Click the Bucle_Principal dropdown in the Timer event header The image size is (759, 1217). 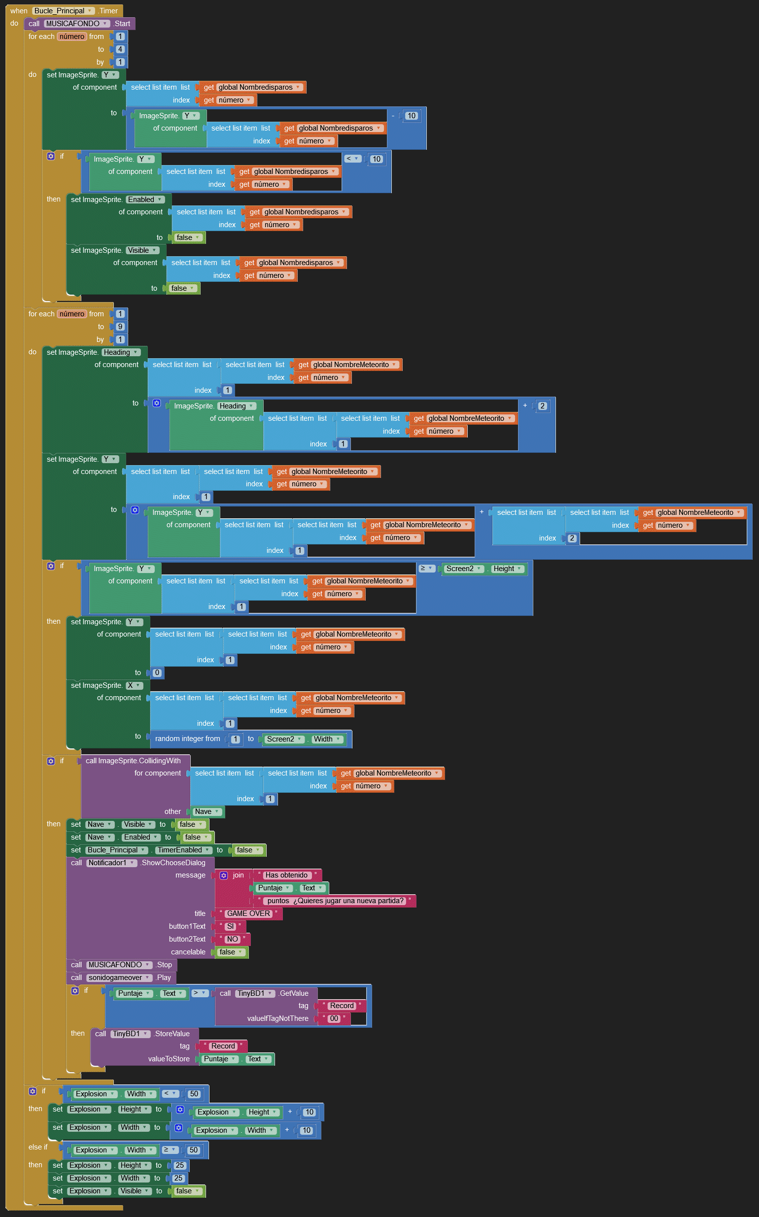pyautogui.click(x=63, y=10)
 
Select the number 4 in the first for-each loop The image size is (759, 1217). pyautogui.click(x=120, y=49)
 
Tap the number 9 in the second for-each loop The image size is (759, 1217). pyautogui.click(x=120, y=327)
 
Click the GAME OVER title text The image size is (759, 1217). pyautogui.click(x=248, y=913)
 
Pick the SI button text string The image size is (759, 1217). pyautogui.click(x=231, y=926)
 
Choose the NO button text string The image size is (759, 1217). pyautogui.click(x=232, y=939)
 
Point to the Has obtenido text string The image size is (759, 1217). pyautogui.click(x=286, y=875)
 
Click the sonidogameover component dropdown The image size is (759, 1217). pyautogui.click(x=119, y=978)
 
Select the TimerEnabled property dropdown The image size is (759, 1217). pyautogui.click(x=183, y=850)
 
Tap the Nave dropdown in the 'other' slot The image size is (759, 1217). pyautogui.click(x=207, y=811)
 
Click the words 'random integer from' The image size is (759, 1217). pyautogui.click(x=187, y=739)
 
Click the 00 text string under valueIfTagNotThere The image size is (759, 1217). pyautogui.click(x=334, y=1018)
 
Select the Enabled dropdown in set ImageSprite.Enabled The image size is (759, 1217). pyautogui.click(x=144, y=199)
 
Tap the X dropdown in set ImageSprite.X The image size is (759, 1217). pyautogui.click(x=134, y=685)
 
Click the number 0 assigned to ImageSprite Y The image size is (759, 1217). pyautogui.click(x=157, y=673)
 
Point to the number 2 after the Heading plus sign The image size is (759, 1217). pyautogui.click(x=542, y=406)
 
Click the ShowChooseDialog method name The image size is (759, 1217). pyautogui.click(x=172, y=863)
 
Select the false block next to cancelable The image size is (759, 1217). pyautogui.click(x=231, y=952)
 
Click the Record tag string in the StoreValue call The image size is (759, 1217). pyautogui.click(x=223, y=1046)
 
